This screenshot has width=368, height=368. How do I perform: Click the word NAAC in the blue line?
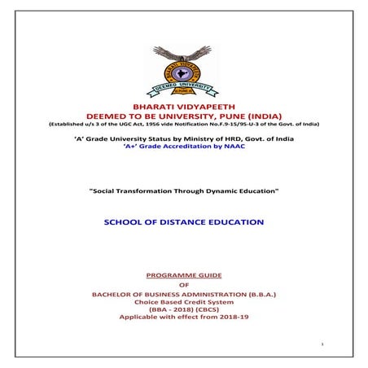click(x=234, y=147)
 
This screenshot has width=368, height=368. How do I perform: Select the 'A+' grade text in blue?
click(x=130, y=147)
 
